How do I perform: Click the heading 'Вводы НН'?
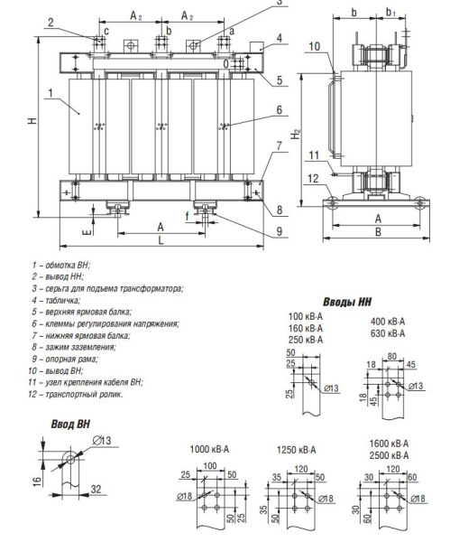point(347,302)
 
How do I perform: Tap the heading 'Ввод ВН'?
point(70,425)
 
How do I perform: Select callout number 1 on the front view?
point(51,93)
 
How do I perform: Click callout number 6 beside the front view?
point(280,110)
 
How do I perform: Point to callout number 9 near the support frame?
point(280,231)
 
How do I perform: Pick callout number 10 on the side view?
point(315,46)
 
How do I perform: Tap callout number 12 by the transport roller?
point(313,179)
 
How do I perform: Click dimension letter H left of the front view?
point(32,120)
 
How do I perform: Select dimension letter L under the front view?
point(161,240)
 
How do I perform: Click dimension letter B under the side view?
point(378,232)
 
